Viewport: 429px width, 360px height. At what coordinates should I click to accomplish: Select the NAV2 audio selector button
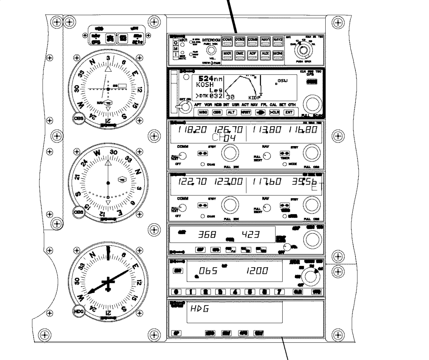coord(278,40)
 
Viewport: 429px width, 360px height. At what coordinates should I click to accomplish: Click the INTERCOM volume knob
coord(211,50)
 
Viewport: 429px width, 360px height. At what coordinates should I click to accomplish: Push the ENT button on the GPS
coord(289,112)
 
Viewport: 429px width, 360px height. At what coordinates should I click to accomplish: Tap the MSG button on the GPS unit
coord(203,112)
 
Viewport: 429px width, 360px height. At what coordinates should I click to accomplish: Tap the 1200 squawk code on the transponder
coord(257,270)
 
